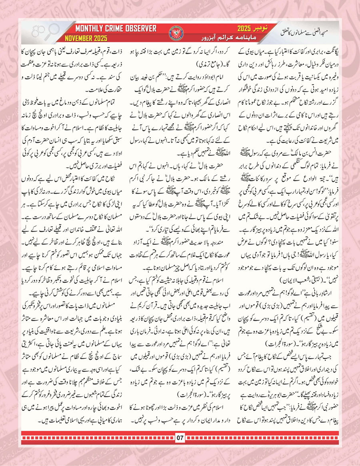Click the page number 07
coord(180,446)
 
